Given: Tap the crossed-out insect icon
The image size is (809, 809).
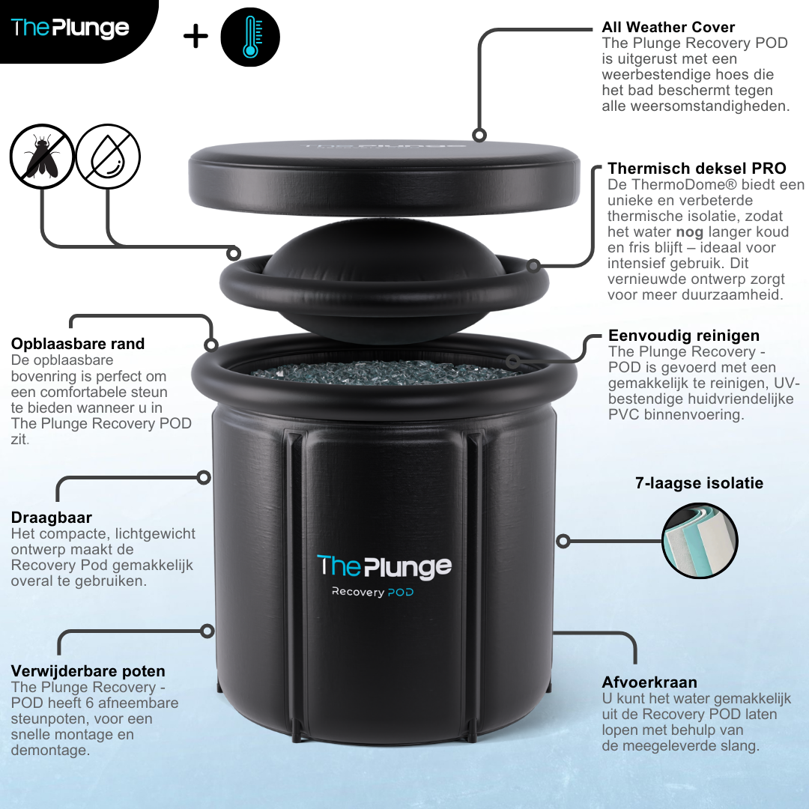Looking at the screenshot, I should tap(42, 156).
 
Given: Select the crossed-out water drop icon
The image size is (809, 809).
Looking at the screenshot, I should tap(109, 156).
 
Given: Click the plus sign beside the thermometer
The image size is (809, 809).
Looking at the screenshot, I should tap(196, 37).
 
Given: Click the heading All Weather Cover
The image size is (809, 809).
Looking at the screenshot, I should tap(668, 27).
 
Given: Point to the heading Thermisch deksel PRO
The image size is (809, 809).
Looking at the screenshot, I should tap(697, 168).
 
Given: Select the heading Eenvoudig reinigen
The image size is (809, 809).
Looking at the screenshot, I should tap(684, 336).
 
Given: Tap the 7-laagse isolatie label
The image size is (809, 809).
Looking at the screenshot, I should tap(699, 483).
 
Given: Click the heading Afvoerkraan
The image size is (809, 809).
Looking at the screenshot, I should tap(649, 682).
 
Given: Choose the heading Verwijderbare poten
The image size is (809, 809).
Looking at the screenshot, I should tap(88, 671).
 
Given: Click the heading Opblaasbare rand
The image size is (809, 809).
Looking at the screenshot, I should tap(78, 344).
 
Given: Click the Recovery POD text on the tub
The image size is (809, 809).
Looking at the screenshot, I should tap(373, 593).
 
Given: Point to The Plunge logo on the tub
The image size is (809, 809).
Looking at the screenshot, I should tap(384, 566).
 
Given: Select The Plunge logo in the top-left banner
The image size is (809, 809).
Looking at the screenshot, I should tap(70, 28).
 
